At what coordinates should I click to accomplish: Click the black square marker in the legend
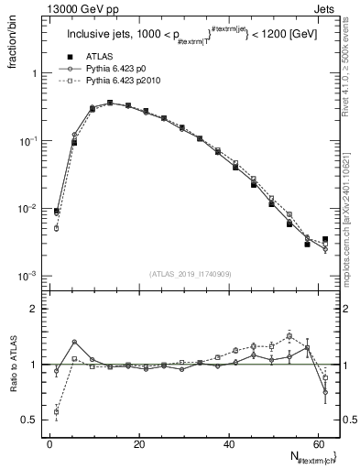coord(63,56)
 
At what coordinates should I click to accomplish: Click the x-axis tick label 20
coord(139,443)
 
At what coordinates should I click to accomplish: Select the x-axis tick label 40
coord(228,443)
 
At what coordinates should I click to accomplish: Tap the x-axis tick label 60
coord(317,443)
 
